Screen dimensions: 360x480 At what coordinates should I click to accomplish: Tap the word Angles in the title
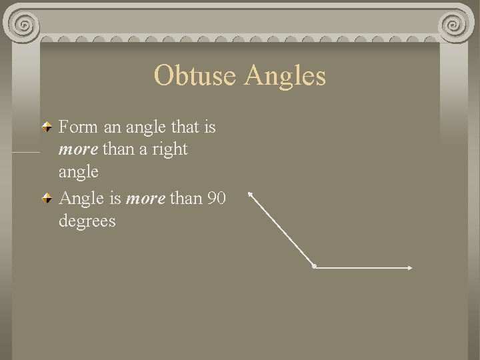coord(285,75)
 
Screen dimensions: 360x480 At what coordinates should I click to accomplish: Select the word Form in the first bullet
coord(77,126)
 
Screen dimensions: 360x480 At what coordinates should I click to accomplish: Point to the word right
coord(170,149)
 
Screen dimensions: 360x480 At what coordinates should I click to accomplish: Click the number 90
coord(216,198)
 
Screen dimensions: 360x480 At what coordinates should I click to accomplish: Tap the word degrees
coord(87,221)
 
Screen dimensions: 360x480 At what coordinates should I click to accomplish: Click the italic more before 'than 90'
coord(145,198)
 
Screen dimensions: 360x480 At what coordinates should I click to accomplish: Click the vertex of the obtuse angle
coord(314,267)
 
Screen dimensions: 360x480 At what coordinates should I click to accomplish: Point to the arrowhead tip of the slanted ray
coord(249,193)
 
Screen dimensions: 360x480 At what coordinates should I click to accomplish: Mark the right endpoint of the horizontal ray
coord(411,268)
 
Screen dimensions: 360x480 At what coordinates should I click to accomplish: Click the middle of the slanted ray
coord(281,230)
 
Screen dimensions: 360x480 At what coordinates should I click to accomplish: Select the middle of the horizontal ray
coord(363,267)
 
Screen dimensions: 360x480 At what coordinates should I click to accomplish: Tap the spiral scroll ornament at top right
coord(455,25)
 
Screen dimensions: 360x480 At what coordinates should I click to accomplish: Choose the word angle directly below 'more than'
coord(78,172)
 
